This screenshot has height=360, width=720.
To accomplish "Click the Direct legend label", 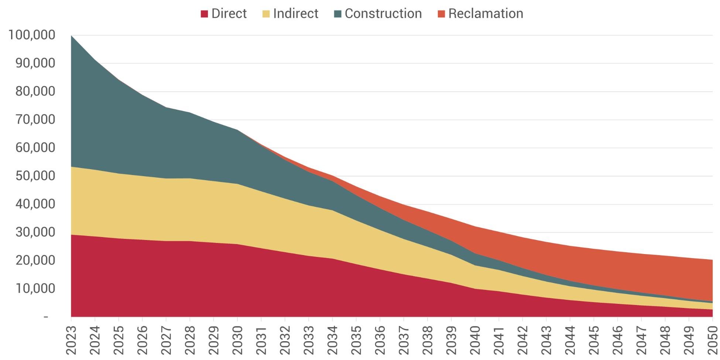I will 229,14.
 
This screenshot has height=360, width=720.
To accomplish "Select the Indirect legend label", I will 295,14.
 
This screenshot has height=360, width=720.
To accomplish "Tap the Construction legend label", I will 383,14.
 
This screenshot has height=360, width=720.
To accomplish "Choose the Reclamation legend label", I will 486,14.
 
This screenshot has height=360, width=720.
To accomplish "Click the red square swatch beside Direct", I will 204,14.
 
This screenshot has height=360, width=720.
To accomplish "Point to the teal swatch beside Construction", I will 337,14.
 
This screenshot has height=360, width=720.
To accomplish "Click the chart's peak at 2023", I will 71,36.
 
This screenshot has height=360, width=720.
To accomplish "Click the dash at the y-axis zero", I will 46,317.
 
